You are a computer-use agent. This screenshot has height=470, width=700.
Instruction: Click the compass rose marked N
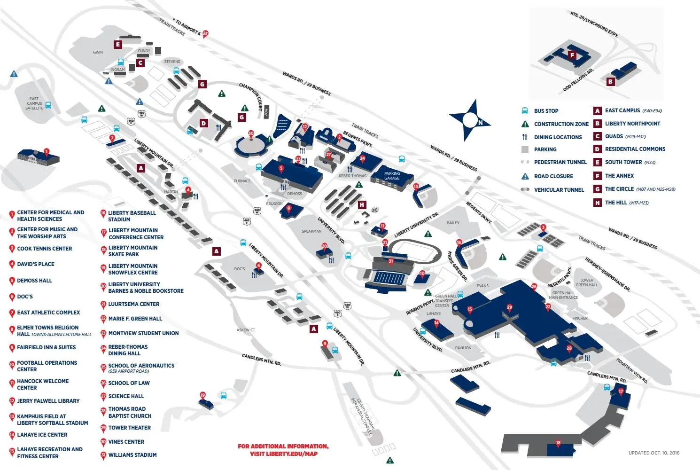coord(469,120)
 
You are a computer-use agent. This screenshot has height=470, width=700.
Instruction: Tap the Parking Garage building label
coord(392,176)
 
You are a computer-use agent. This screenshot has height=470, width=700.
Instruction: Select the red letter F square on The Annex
coord(572,55)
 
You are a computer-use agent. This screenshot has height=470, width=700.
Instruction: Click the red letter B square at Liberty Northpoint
coord(610,81)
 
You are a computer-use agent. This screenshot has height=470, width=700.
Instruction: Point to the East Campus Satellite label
coord(34,103)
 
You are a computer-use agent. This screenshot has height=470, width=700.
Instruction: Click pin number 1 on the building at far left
coord(46,152)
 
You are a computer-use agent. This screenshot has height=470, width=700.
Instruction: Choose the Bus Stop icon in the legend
coord(525,111)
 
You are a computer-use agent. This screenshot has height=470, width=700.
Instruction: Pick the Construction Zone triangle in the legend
coord(525,124)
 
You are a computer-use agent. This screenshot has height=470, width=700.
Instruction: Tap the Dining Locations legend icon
coord(525,137)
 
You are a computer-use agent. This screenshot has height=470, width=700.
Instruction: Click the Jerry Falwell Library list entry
coord(48,401)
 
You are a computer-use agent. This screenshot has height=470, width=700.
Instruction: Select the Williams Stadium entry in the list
coord(132,455)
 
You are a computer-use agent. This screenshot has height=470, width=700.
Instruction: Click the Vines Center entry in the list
coord(126,442)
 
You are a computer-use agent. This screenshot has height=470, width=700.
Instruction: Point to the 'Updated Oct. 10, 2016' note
coord(653,453)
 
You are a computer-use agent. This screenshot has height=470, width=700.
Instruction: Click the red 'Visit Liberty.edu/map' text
coord(283,454)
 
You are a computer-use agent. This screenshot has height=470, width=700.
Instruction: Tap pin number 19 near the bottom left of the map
coord(202,395)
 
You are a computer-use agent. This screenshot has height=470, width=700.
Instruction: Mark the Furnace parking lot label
coord(242,181)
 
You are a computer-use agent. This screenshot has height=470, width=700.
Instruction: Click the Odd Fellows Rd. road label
coord(578,80)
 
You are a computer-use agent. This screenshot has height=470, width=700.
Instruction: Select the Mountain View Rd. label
coord(632,371)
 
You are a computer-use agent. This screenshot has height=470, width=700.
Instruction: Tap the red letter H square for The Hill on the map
coord(362,204)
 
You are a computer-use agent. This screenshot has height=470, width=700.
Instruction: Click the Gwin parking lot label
coord(98,52)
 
